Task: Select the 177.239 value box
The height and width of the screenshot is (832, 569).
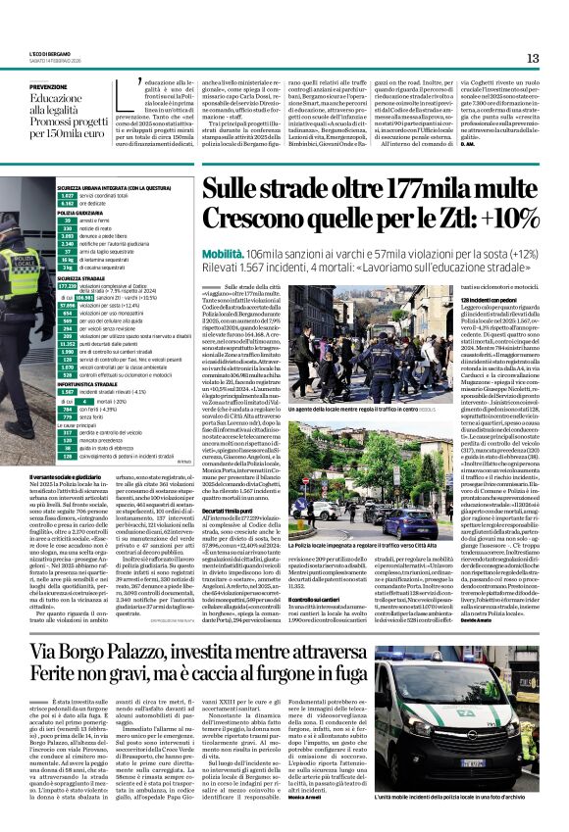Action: (68, 284)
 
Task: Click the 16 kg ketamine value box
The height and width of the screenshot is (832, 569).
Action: (68, 259)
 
